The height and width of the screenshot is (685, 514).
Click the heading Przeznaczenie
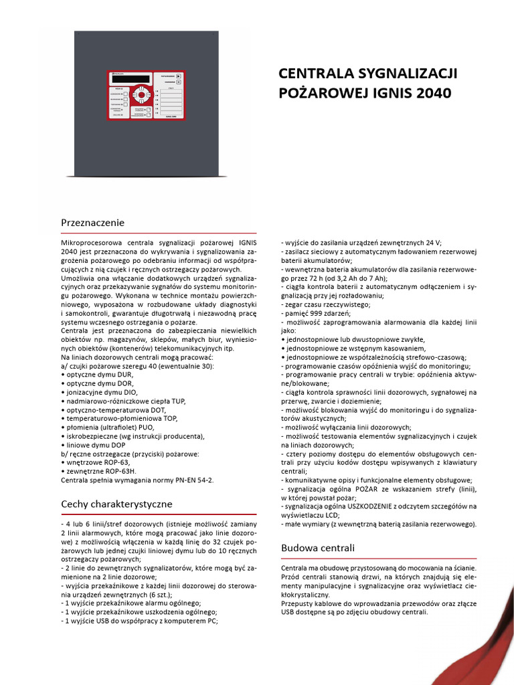click(x=92, y=222)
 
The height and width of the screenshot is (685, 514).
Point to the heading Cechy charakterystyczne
click(x=116, y=503)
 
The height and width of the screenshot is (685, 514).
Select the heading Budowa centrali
click(x=317, y=547)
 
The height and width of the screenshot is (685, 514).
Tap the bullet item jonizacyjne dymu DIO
click(x=98, y=392)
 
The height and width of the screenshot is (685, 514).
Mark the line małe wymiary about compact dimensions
click(x=378, y=524)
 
